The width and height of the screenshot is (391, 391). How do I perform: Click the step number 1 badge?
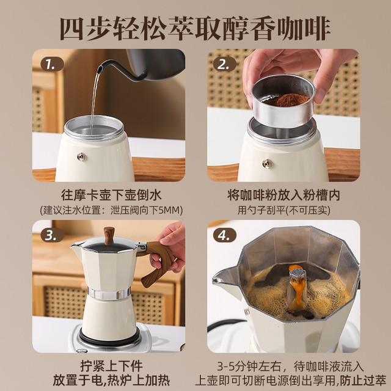pos(52,64)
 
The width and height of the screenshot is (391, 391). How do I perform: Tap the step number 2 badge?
pos(224,64)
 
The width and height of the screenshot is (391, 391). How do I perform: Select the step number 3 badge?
pos(52,235)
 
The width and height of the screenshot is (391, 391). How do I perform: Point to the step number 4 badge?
pos(224,235)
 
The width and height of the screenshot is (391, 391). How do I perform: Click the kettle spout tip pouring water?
pos(99,70)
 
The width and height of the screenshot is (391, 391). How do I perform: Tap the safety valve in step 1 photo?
pos(81,156)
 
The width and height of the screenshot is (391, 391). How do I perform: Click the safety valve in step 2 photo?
pos(267,164)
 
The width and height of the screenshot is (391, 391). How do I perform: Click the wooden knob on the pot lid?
pos(109,235)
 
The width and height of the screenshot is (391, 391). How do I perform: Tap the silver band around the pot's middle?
pos(109,293)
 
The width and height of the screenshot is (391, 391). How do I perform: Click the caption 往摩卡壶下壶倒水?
pos(111,195)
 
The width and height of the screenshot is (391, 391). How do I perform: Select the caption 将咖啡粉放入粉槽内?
pos(283,195)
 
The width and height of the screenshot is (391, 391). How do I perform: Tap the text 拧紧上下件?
pos(111,366)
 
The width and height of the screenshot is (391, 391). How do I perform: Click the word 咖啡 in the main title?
pos(304,28)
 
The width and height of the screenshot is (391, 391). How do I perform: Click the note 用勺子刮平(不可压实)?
pos(283,210)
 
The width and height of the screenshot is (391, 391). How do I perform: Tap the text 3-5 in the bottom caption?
pos(225,367)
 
